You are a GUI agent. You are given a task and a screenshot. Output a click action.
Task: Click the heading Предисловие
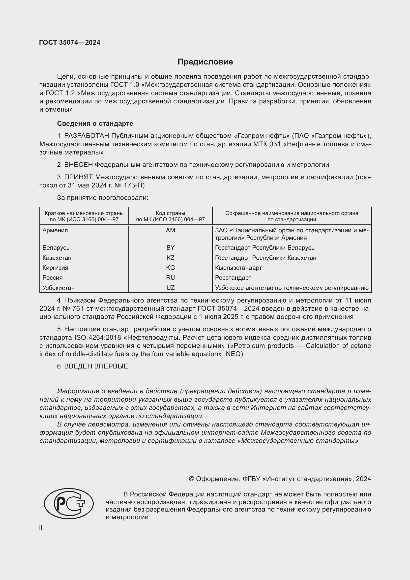[205, 62]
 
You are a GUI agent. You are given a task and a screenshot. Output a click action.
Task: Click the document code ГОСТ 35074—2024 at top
[70, 42]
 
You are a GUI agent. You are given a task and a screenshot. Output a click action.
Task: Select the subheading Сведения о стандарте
[95, 123]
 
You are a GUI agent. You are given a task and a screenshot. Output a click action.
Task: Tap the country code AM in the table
[170, 230]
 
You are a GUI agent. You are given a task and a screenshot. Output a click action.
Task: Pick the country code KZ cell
[170, 258]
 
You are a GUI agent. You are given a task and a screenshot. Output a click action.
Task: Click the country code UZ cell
[170, 288]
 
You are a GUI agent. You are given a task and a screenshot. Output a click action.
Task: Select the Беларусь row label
[56, 247]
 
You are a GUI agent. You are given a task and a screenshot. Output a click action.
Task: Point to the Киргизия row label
[55, 268]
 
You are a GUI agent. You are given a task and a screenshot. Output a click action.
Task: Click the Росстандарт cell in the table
[233, 278]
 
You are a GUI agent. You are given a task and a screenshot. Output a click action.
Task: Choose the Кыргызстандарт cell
[238, 268]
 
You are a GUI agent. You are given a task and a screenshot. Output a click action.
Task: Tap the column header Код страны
[170, 213]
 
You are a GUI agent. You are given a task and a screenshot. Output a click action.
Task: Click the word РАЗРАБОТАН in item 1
[87, 136]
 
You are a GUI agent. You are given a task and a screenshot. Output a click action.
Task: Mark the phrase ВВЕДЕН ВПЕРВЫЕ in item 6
[96, 366]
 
